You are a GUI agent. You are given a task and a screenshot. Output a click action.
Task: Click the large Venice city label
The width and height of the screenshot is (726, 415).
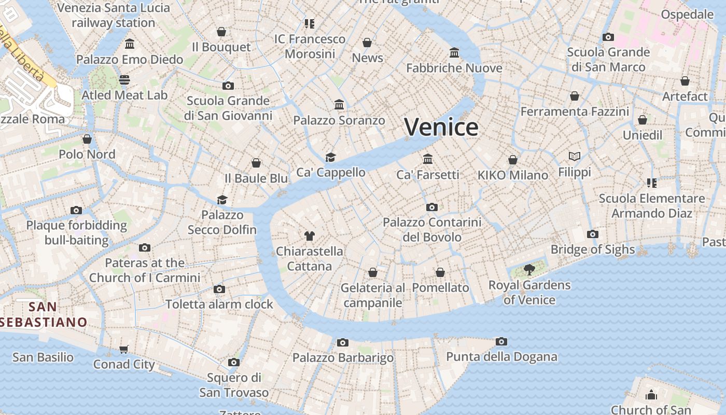click(441, 127)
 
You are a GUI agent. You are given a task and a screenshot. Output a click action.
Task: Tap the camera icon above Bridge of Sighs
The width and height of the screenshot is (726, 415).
click(593, 234)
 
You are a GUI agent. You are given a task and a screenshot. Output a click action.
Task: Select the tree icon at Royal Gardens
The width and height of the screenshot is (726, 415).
click(529, 269)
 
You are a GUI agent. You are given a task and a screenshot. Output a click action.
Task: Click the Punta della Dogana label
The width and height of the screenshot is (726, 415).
click(501, 357)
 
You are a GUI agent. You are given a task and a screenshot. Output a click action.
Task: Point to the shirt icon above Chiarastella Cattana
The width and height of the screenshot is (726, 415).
click(310, 236)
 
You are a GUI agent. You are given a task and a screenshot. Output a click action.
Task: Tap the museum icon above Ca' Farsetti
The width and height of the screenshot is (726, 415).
click(428, 159)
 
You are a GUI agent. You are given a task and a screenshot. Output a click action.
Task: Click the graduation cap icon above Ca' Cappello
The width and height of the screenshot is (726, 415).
click(330, 157)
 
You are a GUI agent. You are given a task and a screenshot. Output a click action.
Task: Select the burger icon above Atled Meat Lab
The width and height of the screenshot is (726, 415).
click(124, 80)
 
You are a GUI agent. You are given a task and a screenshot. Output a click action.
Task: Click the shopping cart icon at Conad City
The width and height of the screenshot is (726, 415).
click(124, 349)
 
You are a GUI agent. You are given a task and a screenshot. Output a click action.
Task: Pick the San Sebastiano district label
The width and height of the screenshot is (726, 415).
click(43, 314)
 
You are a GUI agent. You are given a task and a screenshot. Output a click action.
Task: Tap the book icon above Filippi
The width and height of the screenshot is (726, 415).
click(574, 156)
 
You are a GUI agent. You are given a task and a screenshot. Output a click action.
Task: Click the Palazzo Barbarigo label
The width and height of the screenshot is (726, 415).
click(343, 358)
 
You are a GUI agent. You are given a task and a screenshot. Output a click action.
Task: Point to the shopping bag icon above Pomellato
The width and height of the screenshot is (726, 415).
click(440, 272)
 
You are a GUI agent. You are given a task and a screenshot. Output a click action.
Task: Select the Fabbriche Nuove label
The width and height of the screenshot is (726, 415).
click(454, 68)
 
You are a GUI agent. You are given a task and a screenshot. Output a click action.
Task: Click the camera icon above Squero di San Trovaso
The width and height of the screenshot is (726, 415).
click(234, 362)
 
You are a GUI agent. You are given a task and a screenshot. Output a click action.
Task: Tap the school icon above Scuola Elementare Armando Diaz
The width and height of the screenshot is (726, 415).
click(652, 183)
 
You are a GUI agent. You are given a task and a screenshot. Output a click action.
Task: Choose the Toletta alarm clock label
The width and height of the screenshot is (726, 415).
click(219, 305)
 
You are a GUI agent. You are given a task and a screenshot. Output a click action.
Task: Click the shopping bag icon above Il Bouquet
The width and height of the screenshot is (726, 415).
click(221, 32)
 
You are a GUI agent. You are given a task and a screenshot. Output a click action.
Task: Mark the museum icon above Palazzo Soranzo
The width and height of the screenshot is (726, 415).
click(339, 105)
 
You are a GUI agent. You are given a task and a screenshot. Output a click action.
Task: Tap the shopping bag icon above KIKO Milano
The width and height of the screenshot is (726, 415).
click(513, 160)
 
